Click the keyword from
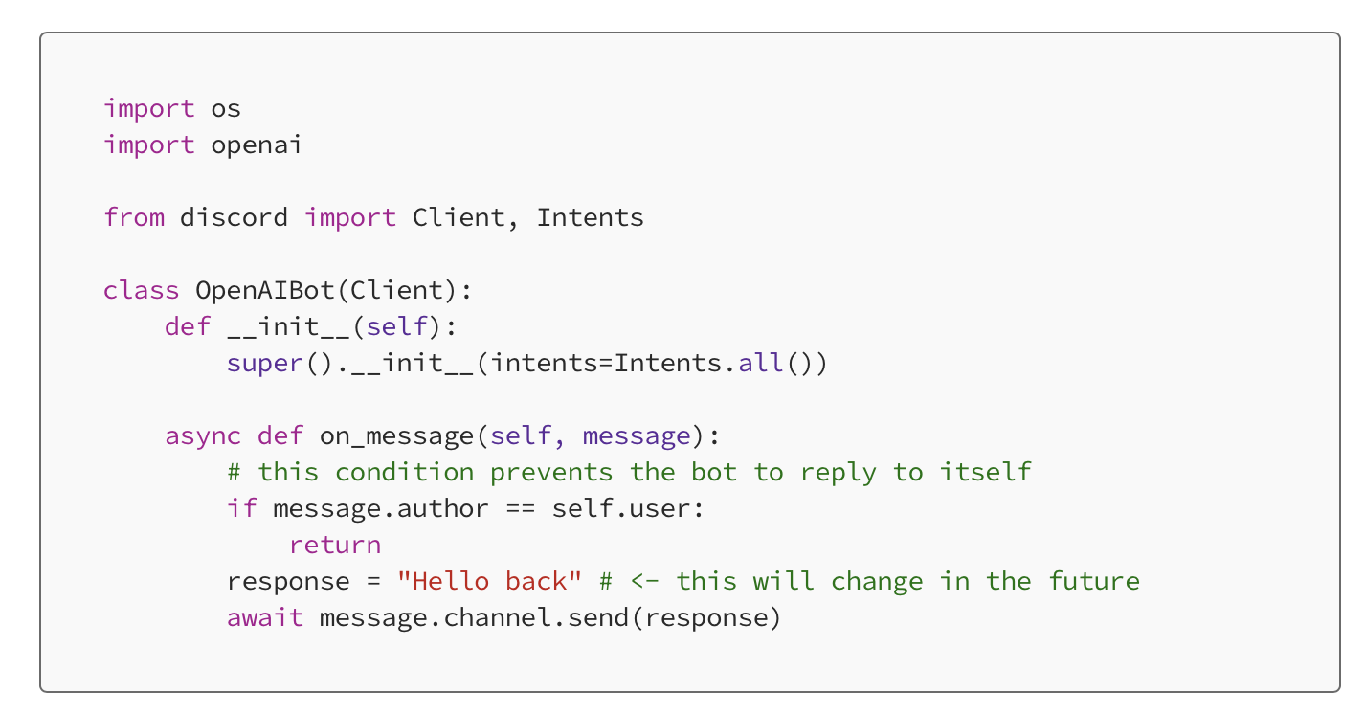click(134, 217)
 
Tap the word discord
click(234, 217)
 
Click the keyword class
click(142, 290)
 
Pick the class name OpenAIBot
click(265, 290)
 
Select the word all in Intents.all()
click(760, 363)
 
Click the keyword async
click(203, 436)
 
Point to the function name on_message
click(396, 436)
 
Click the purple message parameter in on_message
click(637, 436)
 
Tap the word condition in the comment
click(405, 472)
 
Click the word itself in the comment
click(985, 472)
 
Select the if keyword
click(242, 508)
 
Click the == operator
click(521, 509)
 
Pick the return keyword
click(335, 546)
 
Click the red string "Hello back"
click(489, 581)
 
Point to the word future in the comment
click(1094, 581)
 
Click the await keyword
click(265, 617)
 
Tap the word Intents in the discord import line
click(590, 217)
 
